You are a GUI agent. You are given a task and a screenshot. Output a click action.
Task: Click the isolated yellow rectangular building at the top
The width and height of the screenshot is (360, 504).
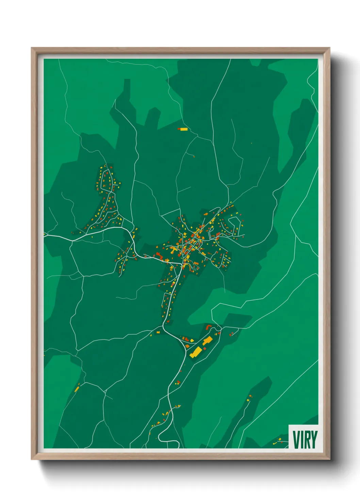click(184, 129)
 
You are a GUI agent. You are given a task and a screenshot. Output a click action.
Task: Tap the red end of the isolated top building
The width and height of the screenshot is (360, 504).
click(179, 129)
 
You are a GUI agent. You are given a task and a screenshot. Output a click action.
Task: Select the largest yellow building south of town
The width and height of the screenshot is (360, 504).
click(196, 352)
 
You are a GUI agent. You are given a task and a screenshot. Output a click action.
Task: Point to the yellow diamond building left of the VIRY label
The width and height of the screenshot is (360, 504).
click(280, 439)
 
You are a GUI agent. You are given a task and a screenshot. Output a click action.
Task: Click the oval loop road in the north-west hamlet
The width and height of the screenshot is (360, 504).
click(107, 180)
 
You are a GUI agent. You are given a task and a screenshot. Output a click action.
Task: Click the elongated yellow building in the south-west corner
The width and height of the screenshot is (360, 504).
click(77, 388)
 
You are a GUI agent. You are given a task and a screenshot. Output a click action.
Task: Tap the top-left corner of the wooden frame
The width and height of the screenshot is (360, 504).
click(32, 49)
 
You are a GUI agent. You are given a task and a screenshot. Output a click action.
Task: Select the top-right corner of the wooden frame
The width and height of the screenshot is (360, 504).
click(329, 49)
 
